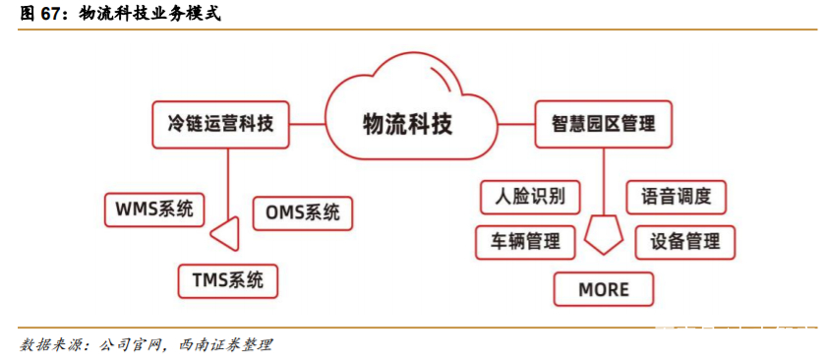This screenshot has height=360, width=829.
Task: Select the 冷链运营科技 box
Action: click(220, 124)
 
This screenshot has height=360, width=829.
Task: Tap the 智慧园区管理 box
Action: click(603, 124)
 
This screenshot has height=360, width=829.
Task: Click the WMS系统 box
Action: click(154, 209)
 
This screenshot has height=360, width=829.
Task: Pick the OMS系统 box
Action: click(302, 212)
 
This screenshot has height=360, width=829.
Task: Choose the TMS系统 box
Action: click(227, 280)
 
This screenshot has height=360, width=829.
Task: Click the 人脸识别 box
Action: click(529, 196)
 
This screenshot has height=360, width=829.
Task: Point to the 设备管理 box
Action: click(684, 241)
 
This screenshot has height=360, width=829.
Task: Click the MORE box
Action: click(603, 289)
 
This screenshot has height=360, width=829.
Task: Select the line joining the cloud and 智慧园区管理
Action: click(513, 124)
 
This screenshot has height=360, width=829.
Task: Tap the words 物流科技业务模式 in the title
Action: click(149, 15)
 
